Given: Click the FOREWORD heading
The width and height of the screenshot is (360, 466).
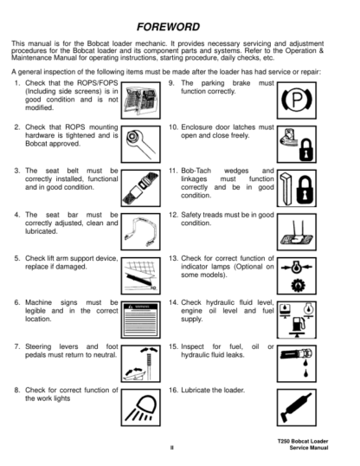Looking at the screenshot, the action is pyautogui.click(x=168, y=27).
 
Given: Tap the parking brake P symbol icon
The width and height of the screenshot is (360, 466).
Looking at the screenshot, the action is pyautogui.click(x=297, y=100).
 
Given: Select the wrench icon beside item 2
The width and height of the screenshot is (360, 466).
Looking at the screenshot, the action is pyautogui.click(x=141, y=144).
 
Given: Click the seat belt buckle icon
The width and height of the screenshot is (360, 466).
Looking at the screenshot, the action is pyautogui.click(x=141, y=188).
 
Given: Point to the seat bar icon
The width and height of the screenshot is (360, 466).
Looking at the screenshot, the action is pyautogui.click(x=141, y=232).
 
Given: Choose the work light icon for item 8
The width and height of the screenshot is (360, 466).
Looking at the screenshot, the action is pyautogui.click(x=141, y=407).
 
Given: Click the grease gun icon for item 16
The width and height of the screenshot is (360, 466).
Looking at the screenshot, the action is pyautogui.click(x=297, y=407).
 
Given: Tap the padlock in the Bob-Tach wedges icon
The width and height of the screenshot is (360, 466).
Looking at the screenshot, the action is pyautogui.click(x=305, y=191).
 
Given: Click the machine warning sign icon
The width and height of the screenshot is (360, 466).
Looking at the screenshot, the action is pyautogui.click(x=141, y=320).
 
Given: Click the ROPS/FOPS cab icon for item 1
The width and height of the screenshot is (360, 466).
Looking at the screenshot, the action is pyautogui.click(x=141, y=100).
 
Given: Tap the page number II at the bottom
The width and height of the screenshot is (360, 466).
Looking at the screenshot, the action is pyautogui.click(x=171, y=448).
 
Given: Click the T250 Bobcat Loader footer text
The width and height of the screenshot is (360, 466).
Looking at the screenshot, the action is pyautogui.click(x=303, y=442).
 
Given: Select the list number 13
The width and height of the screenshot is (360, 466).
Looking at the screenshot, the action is pyautogui.click(x=173, y=258).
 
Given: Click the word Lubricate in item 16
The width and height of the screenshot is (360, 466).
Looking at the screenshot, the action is pyautogui.click(x=196, y=390).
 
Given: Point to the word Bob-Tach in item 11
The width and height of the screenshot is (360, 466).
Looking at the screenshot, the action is pyautogui.click(x=196, y=171).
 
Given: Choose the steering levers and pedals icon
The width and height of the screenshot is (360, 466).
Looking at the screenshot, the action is pyautogui.click(x=141, y=364).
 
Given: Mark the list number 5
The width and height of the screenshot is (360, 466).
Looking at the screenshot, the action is pyautogui.click(x=17, y=258).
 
